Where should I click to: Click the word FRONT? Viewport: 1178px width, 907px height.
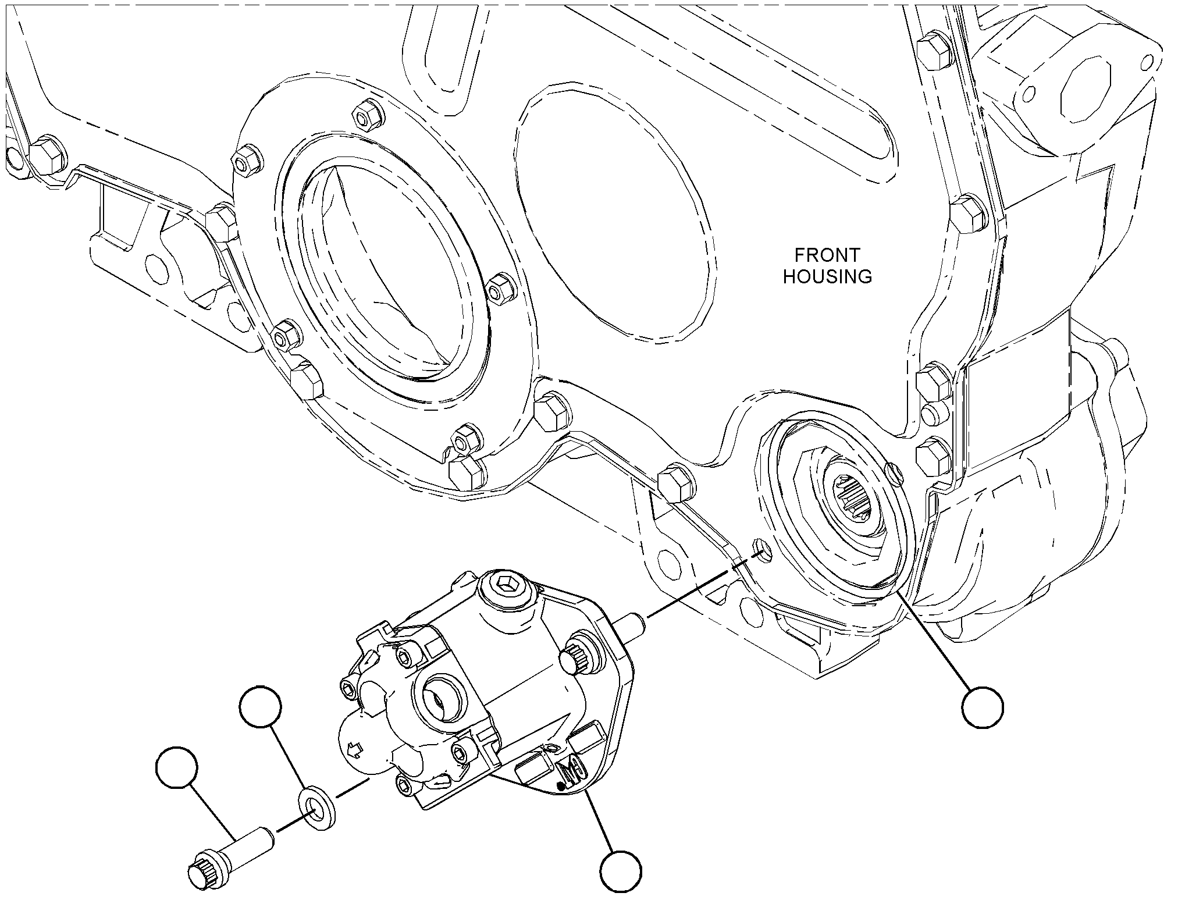point(827,255)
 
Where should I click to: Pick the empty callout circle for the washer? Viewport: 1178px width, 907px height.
point(261,707)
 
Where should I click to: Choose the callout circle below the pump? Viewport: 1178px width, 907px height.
point(621,872)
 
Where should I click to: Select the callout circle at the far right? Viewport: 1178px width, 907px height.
point(983,707)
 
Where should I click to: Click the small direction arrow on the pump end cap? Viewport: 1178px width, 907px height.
point(354,749)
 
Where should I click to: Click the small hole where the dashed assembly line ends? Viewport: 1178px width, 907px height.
point(761,548)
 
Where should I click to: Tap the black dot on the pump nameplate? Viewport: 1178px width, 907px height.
point(560,786)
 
